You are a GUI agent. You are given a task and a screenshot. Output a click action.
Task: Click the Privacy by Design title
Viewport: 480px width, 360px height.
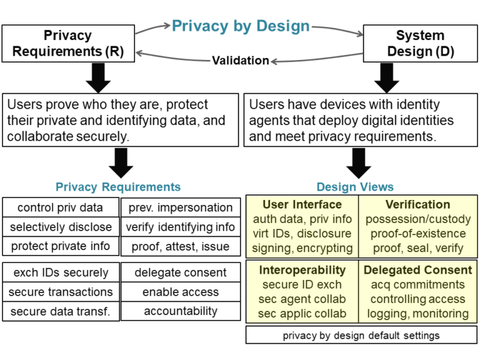coord(241,26)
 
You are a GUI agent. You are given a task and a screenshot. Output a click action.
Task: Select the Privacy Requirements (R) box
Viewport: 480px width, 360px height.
coord(68,43)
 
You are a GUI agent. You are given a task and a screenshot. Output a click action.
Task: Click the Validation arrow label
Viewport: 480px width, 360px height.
coord(241,61)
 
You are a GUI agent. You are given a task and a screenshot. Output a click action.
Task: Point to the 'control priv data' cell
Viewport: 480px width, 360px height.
coord(60,208)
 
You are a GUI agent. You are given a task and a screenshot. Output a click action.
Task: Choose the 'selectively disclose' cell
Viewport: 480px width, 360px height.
coord(60,227)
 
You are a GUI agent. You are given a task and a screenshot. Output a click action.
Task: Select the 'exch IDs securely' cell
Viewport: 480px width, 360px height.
coord(60,272)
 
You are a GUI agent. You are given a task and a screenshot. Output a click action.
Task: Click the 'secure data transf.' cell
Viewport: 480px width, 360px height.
coord(60,311)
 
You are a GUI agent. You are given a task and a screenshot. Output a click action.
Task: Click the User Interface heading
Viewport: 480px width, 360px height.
coord(302,204)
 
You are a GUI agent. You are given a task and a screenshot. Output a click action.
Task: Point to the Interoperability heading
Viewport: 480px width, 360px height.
coord(302,270)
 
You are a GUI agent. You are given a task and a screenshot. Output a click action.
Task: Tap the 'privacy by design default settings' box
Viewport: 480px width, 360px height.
coord(361,335)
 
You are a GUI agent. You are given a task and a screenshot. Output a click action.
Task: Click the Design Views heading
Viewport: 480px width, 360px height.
coord(355,187)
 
